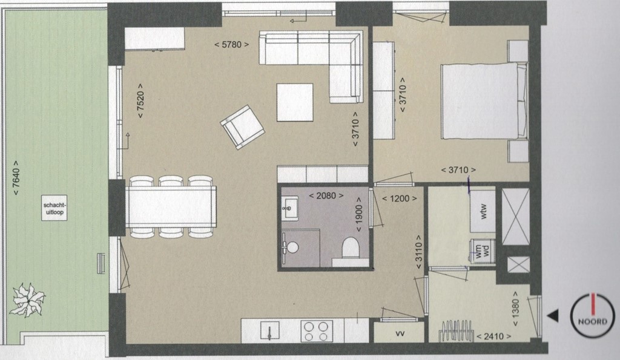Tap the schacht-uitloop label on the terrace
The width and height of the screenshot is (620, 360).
pyautogui.click(x=54, y=209)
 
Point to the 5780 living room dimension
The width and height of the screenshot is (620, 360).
pyautogui.click(x=232, y=44)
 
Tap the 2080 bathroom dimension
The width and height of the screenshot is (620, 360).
pyautogui.click(x=326, y=196)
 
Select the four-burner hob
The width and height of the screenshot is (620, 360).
pyautogui.click(x=316, y=331)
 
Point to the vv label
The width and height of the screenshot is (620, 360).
pyautogui.click(x=399, y=333)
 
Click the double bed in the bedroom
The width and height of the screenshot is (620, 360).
pyautogui.click(x=483, y=101)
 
